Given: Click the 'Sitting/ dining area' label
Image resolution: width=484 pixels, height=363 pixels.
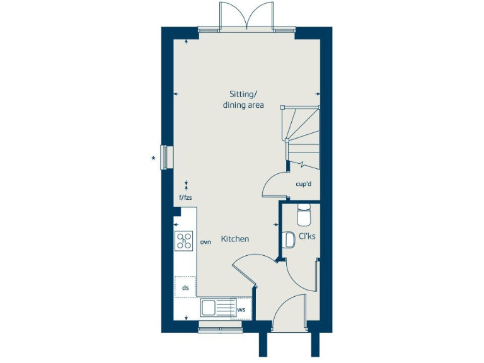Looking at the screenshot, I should pyautogui.click(x=243, y=100).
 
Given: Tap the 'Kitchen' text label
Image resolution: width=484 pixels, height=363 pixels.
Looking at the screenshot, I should pyautogui.click(x=234, y=239).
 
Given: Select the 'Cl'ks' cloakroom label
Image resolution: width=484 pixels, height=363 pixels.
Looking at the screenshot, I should pyautogui.click(x=307, y=238).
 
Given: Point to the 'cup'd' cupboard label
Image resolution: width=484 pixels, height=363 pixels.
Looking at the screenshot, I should pyautogui.click(x=304, y=184).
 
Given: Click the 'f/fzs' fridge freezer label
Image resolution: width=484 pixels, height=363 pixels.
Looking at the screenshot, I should pyautogui.click(x=185, y=198).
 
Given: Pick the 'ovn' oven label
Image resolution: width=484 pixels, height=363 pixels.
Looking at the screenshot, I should pyautogui.click(x=205, y=241).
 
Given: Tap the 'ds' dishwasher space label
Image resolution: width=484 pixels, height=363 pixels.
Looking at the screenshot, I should pyautogui.click(x=185, y=287).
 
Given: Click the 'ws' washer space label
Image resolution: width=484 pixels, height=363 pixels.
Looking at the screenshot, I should pyautogui.click(x=241, y=309).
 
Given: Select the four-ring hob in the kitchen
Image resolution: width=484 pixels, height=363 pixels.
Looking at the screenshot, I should pyautogui.click(x=184, y=240).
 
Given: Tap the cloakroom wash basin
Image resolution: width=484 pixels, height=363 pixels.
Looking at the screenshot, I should pyautogui.click(x=290, y=240).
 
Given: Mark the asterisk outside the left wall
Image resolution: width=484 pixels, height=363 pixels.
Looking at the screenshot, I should pyautogui.click(x=153, y=158).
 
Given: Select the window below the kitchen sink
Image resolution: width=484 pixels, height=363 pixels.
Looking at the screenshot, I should pyautogui.click(x=216, y=325).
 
